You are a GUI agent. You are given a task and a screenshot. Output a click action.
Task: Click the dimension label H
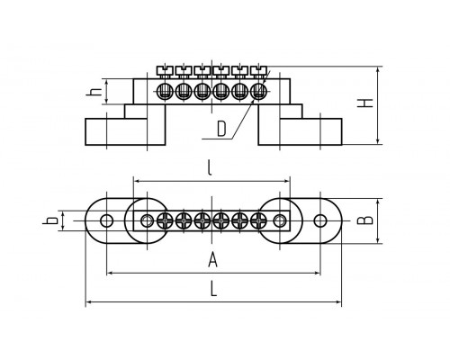pos(364,103)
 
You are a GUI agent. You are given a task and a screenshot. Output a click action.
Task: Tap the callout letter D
pos(221,129)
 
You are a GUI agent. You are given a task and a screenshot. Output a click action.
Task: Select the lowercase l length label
pos(210,167)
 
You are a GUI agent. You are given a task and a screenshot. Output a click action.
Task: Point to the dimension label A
pos(212,259)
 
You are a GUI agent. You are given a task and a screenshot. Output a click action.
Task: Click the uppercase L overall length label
pos(213,289)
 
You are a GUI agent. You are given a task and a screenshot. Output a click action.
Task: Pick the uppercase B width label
pos(365,220)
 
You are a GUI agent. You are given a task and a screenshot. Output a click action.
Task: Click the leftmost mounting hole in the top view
pos(106,221)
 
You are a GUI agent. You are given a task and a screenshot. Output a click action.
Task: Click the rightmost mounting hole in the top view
pos(320,221)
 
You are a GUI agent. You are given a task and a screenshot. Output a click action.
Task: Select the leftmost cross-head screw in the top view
pos(165,221)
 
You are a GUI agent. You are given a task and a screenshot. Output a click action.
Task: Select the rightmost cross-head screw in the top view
pos(258,221)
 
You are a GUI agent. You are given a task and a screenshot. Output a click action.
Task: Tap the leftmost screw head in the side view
pos(165,71)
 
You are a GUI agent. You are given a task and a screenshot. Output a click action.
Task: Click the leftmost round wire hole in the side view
pos(165,91)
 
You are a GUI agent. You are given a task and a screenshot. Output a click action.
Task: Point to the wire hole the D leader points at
pos(258,91)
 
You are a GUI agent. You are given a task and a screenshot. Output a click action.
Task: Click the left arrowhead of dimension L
pos(88,301)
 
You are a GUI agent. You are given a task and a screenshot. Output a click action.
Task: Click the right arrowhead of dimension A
pos(318,273)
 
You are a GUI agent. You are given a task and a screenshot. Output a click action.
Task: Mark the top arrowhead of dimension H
pos(378,69)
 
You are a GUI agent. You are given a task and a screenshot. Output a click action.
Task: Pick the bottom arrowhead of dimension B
pos(378,240)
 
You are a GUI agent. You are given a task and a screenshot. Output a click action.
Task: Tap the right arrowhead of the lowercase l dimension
pos(287,181)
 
